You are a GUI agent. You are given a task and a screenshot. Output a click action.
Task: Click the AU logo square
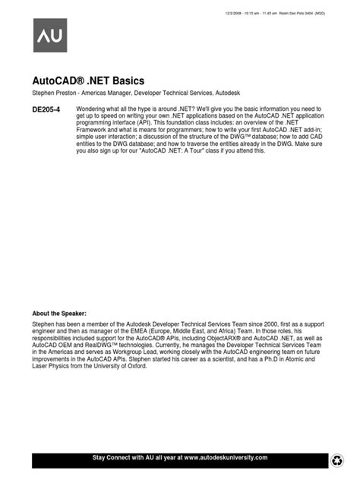(49, 35)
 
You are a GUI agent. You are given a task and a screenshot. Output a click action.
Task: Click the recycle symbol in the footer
(339, 459)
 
